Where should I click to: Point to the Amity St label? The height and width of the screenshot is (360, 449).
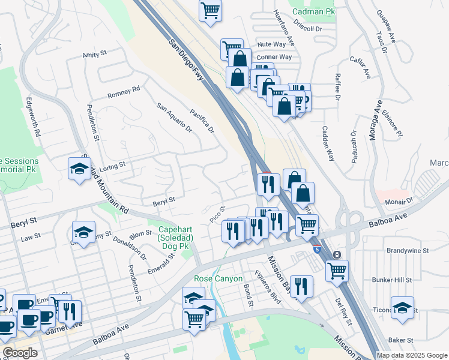95,55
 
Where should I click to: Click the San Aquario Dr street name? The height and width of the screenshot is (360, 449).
173,117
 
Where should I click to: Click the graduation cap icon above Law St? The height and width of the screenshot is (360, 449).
83,232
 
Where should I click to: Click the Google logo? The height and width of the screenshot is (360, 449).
20,353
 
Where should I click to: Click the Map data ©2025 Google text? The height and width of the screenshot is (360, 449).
411,355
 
